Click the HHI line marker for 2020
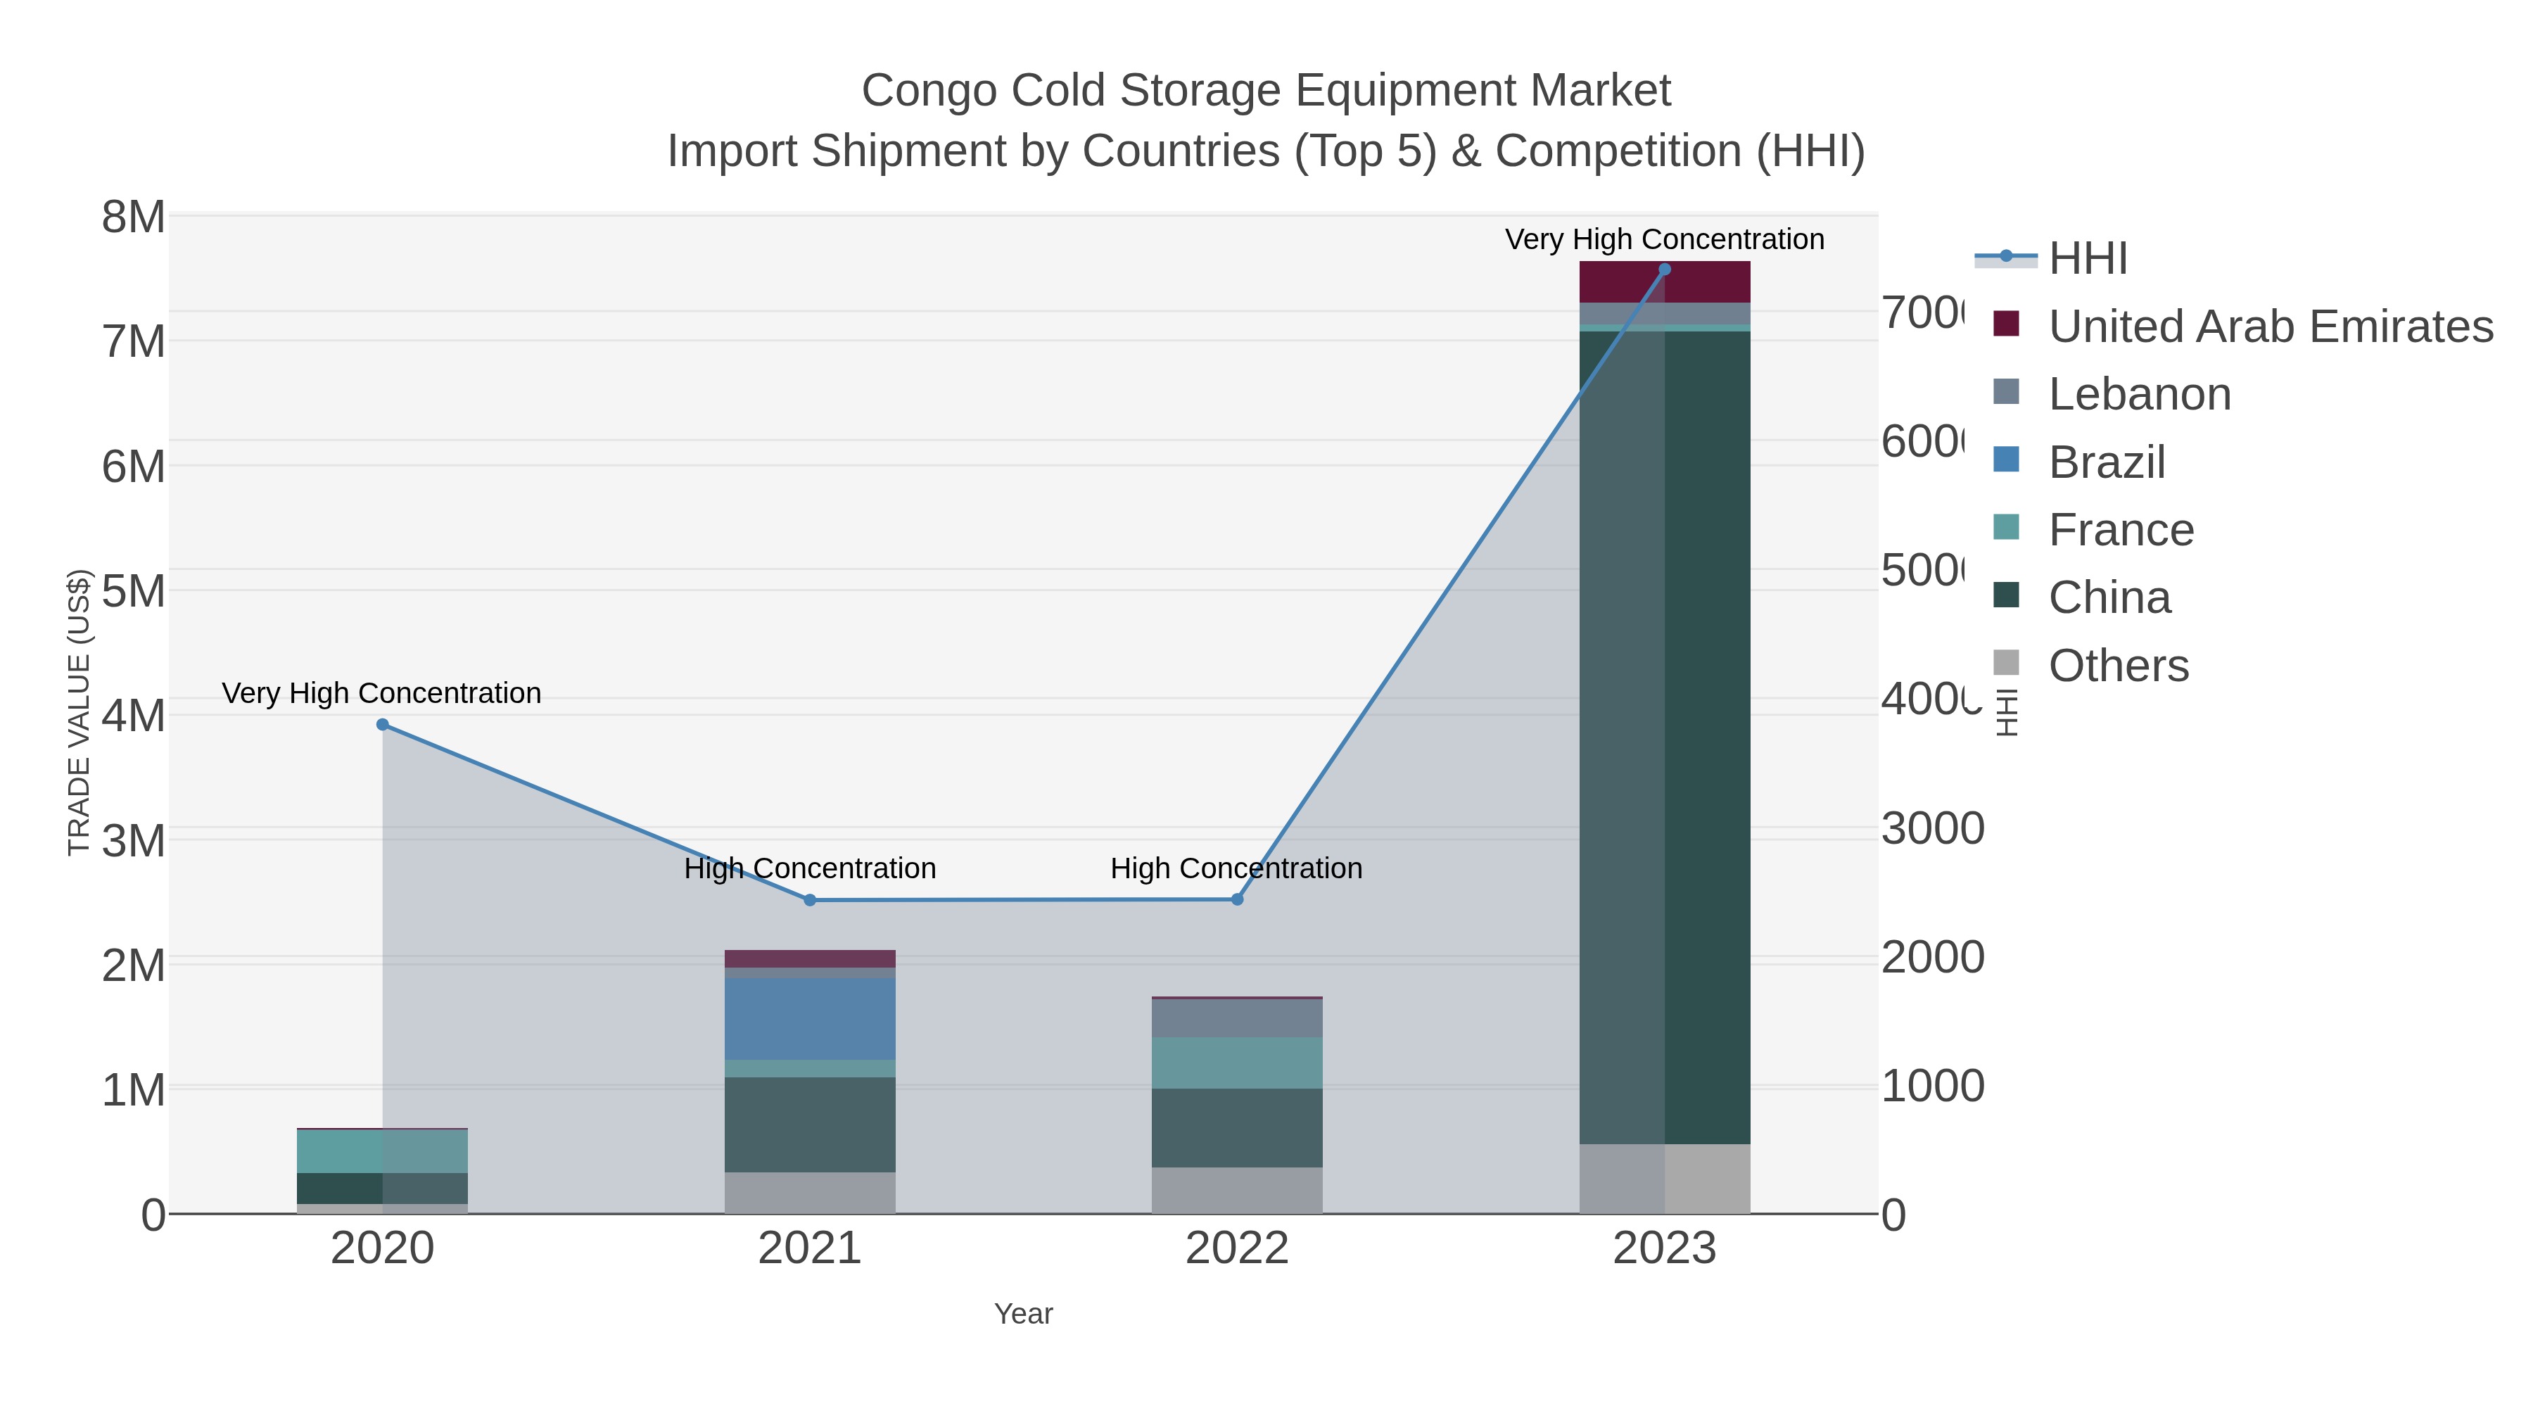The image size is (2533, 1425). pyautogui.click(x=383, y=725)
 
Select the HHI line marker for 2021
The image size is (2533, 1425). pyautogui.click(x=811, y=900)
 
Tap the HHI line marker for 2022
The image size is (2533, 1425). pyautogui.click(x=1237, y=899)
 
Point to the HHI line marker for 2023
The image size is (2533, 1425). pyautogui.click(x=1665, y=270)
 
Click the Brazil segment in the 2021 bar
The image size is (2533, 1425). pyautogui.click(x=811, y=1018)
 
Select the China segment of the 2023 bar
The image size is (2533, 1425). pyautogui.click(x=1665, y=737)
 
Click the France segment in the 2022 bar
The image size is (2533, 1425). pyautogui.click(x=1237, y=1062)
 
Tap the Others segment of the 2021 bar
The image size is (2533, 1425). pyautogui.click(x=811, y=1192)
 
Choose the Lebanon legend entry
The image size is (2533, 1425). pyautogui.click(x=2139, y=394)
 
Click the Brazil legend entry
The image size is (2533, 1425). pyautogui.click(x=2106, y=462)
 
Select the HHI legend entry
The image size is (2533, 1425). pyautogui.click(x=2088, y=259)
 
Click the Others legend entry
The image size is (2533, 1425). pyautogui.click(x=2118, y=666)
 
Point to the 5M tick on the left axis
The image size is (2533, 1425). pyautogui.click(x=134, y=592)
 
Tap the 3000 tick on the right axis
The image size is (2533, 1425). pyautogui.click(x=1932, y=829)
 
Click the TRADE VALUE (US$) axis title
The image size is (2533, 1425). pyautogui.click(x=79, y=712)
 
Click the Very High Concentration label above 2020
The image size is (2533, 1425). pyautogui.click(x=381, y=693)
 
